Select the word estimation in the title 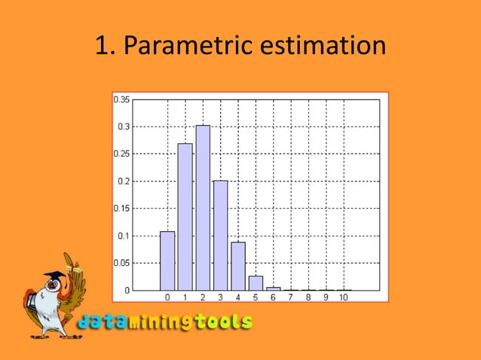[322, 47]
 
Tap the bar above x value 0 [167, 261]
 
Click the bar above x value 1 [185, 217]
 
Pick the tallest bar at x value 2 [203, 208]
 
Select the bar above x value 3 [220, 235]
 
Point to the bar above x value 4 [238, 266]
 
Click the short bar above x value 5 [256, 283]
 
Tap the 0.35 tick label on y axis [121, 99]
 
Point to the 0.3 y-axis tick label [123, 127]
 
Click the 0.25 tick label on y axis [121, 154]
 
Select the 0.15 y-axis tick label [121, 209]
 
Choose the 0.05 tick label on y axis [121, 263]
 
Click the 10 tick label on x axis [343, 297]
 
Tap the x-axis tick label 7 [290, 297]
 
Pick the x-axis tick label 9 [326, 297]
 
